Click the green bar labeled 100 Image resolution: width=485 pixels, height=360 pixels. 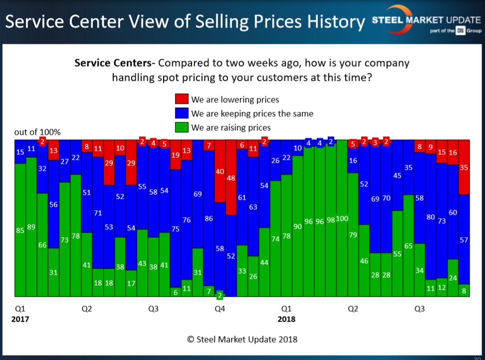point(342,218)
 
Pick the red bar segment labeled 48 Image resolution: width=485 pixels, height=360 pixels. point(231,177)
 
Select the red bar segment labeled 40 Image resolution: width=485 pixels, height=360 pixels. point(220,171)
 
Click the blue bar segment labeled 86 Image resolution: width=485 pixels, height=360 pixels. point(209,218)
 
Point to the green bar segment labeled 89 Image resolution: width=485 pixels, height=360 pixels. point(31,227)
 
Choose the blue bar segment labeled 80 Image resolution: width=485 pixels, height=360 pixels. point(431,217)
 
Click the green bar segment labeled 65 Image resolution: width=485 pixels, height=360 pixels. point(409,246)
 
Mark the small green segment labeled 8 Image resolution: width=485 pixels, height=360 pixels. point(464,291)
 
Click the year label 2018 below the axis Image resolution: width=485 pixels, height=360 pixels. point(286,319)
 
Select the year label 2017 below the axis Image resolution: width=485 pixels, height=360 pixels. point(20,319)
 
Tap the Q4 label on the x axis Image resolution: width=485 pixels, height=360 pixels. point(220,309)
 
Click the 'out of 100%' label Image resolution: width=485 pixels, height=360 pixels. point(37,132)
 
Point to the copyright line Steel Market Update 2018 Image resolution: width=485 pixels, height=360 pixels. point(242,339)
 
